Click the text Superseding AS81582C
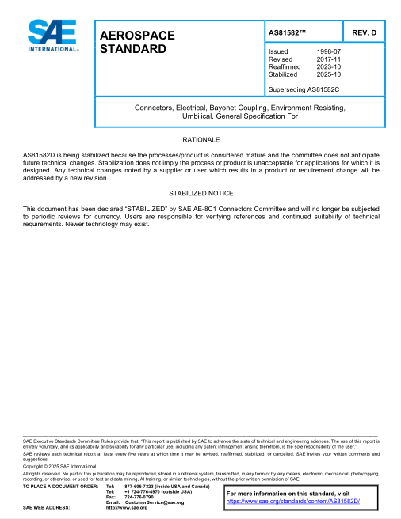coord(304,89)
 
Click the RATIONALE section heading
coord(200,138)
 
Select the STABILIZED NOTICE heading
coord(200,193)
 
